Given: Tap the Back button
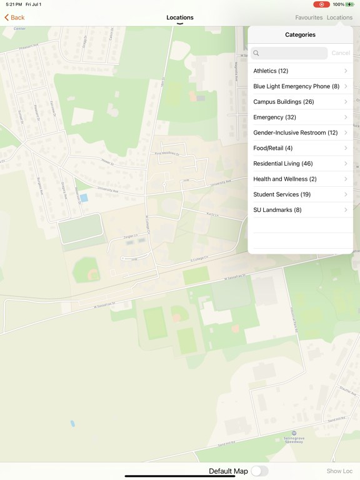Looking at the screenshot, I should [14, 17].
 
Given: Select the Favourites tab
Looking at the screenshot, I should [309, 17].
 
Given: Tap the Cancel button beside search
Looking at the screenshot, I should [341, 53].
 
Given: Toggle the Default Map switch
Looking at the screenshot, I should [259, 471].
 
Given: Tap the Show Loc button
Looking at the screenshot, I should [339, 471].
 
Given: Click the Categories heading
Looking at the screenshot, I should [300, 35].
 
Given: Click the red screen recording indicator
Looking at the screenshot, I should [321, 4].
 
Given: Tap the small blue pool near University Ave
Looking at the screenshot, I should [84, 198].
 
